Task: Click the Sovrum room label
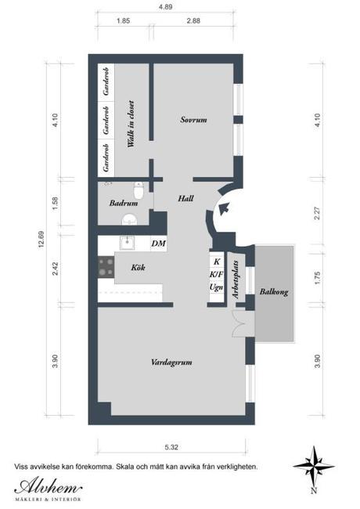(193, 120)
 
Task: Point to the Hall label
(185, 198)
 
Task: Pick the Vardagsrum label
(172, 362)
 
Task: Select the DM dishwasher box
(158, 244)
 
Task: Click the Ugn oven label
(216, 287)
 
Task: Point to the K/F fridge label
(216, 275)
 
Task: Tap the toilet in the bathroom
(138, 190)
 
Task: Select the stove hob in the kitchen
(104, 267)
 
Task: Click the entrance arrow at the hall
(223, 208)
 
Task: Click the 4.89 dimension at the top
(166, 6)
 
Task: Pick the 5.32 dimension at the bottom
(171, 447)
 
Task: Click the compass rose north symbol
(313, 467)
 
